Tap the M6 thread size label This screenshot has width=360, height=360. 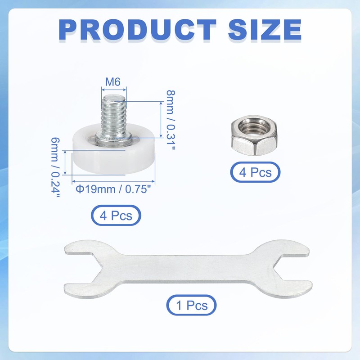tap(113, 82)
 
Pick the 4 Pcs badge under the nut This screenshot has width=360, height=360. tap(255, 172)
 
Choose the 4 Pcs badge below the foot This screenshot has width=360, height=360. tap(116, 215)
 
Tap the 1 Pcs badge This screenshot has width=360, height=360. tap(192, 306)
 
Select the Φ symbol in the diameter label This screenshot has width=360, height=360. tap(79, 189)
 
